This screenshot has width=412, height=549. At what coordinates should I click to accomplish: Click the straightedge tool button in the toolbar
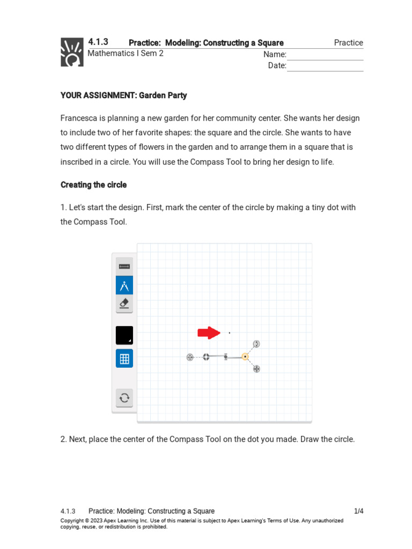tap(124, 266)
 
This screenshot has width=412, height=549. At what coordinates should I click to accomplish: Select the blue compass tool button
tap(124, 285)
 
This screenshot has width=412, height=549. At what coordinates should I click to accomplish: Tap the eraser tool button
tap(124, 304)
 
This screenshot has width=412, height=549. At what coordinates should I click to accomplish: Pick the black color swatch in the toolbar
tap(124, 335)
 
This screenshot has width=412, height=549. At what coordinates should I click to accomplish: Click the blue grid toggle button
tap(124, 358)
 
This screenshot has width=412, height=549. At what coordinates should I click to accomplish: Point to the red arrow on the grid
tap(209, 333)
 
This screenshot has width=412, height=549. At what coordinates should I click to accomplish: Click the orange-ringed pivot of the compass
tap(245, 357)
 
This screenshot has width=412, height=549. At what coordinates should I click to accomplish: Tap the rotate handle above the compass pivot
tap(256, 344)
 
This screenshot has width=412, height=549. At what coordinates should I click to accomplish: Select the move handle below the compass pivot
tap(256, 369)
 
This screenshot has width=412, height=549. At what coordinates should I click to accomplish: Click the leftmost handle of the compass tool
tap(190, 357)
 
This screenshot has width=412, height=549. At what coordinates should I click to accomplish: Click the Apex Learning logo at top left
tap(72, 52)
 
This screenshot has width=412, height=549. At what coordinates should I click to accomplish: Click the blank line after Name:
tap(325, 55)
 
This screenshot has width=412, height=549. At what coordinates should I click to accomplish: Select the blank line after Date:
tap(325, 66)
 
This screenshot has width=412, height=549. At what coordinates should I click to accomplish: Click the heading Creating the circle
tap(94, 185)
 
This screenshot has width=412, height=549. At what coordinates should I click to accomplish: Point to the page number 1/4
tap(359, 511)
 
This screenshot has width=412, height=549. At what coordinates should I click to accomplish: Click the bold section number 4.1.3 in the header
tap(98, 42)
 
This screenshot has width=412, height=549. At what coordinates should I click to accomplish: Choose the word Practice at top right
tap(348, 43)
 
